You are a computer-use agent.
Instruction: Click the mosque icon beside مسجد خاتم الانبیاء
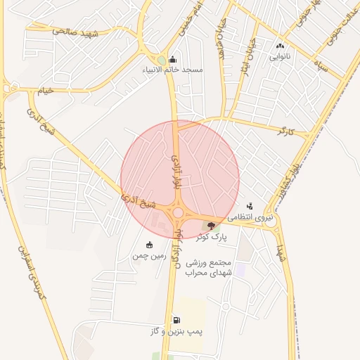173,59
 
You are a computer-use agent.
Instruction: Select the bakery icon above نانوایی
280,46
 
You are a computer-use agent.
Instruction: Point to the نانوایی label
280,57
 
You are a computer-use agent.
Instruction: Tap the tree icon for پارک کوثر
211,225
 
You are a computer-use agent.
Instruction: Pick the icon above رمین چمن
149,245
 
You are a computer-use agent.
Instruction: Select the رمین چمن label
148,256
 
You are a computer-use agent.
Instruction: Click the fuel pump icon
176,320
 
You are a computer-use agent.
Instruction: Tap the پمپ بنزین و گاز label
176,330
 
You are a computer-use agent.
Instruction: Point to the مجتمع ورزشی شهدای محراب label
203,266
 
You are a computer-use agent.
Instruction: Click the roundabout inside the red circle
179,213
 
